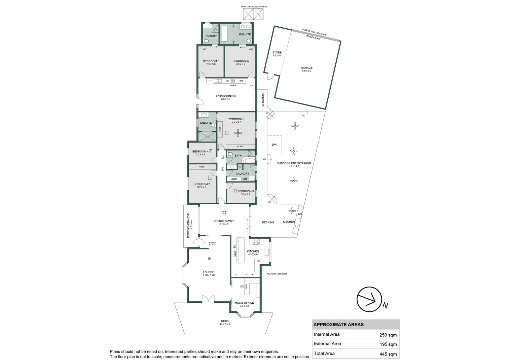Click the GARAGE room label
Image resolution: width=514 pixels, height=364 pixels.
(x=306, y=68)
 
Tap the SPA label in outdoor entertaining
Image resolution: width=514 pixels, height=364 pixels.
(x=274, y=145)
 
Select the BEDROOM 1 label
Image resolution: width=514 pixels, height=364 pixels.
(x=236, y=119)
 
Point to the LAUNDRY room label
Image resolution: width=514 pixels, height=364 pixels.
(x=243, y=174)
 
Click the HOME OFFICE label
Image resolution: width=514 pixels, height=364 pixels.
(x=244, y=303)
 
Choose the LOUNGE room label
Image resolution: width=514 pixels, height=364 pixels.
(x=209, y=272)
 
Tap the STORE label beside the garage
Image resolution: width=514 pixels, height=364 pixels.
(x=277, y=53)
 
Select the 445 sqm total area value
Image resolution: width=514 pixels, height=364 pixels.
(x=389, y=354)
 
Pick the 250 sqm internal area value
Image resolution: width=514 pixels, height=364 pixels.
(x=389, y=335)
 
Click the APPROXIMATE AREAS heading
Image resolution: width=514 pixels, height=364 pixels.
(x=338, y=325)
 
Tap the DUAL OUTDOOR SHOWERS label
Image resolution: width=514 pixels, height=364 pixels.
(x=254, y=7)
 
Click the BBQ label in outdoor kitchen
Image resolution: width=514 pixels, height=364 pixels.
(x=300, y=214)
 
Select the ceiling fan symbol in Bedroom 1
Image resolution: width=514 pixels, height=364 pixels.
(x=238, y=133)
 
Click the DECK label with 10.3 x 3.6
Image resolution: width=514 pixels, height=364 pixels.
(x=225, y=321)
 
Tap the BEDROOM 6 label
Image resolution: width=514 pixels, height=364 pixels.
(x=211, y=61)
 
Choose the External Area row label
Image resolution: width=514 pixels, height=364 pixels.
(x=327, y=344)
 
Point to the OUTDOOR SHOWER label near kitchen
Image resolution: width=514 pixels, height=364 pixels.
(x=277, y=274)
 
